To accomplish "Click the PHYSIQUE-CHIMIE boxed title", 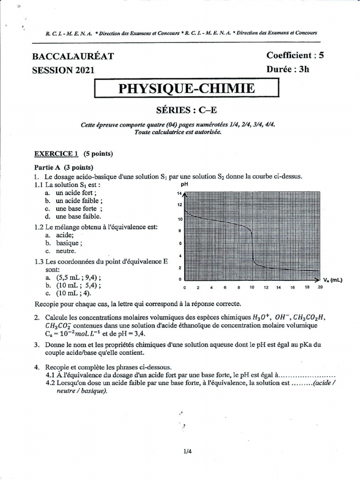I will pos(186,88).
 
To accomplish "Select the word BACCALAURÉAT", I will pos(73,56).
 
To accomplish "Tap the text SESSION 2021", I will pos(63,70).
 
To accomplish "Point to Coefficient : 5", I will pos(295,55).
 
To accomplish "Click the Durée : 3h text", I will pos(288,69).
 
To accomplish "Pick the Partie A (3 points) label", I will pos(64,167).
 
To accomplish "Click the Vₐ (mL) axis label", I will pos(332,280).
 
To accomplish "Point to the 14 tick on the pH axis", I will pos(179,193).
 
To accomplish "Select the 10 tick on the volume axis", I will pos(252,287).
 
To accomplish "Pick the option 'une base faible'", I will pos(77,217).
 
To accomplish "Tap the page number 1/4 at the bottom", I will pos(188,452).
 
